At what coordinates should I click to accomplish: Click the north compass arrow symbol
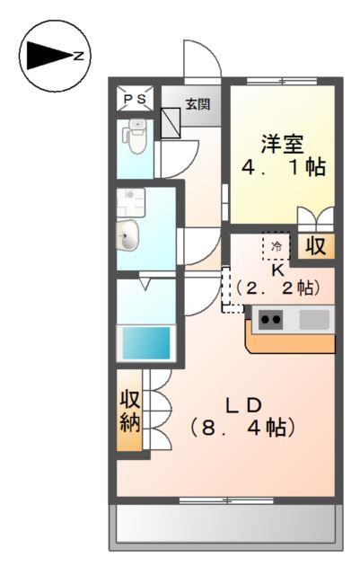(x=48, y=56)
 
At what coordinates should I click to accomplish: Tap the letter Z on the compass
(x=79, y=56)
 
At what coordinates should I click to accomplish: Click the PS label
(x=135, y=100)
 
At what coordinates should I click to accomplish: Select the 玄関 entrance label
(x=198, y=103)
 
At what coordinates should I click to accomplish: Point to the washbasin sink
(x=129, y=238)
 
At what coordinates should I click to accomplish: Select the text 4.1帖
(x=283, y=168)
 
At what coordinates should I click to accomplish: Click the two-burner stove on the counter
(x=271, y=318)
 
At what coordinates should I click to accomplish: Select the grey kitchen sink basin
(x=314, y=318)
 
